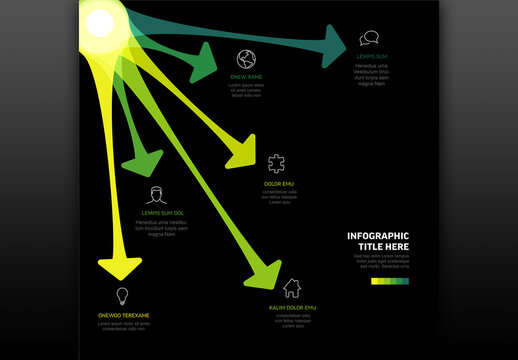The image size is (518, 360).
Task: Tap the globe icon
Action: (x=246, y=58)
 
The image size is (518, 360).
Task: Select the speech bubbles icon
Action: (x=369, y=39)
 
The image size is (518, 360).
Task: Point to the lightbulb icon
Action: (x=123, y=296)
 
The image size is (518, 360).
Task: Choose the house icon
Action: (x=292, y=289)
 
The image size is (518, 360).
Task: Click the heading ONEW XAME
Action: (x=245, y=77)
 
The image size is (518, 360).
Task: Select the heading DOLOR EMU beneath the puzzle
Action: (x=278, y=184)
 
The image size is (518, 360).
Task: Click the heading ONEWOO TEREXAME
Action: (x=124, y=315)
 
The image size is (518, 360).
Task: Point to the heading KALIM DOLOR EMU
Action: (x=292, y=307)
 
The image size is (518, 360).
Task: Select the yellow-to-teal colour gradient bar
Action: (x=390, y=281)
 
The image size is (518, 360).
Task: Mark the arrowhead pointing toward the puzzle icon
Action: (x=244, y=152)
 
